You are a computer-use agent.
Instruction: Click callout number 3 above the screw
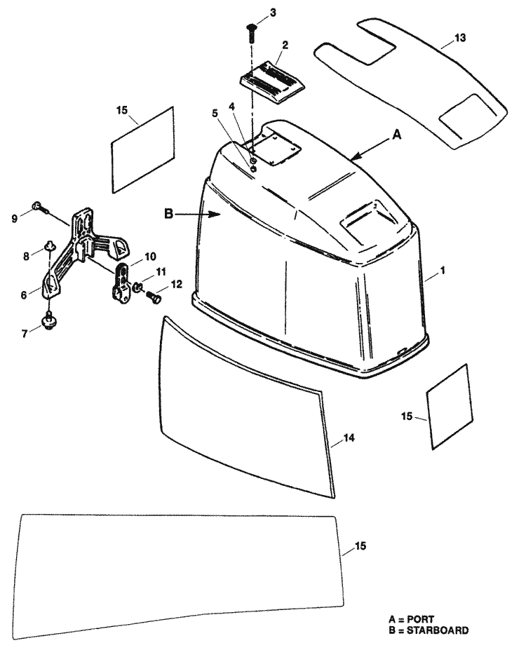coord(273,14)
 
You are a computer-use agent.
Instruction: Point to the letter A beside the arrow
coord(396,137)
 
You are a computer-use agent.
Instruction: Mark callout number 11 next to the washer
coord(161,270)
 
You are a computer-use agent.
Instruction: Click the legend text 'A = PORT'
coord(412,620)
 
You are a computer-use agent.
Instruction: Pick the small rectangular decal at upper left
coord(142,149)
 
